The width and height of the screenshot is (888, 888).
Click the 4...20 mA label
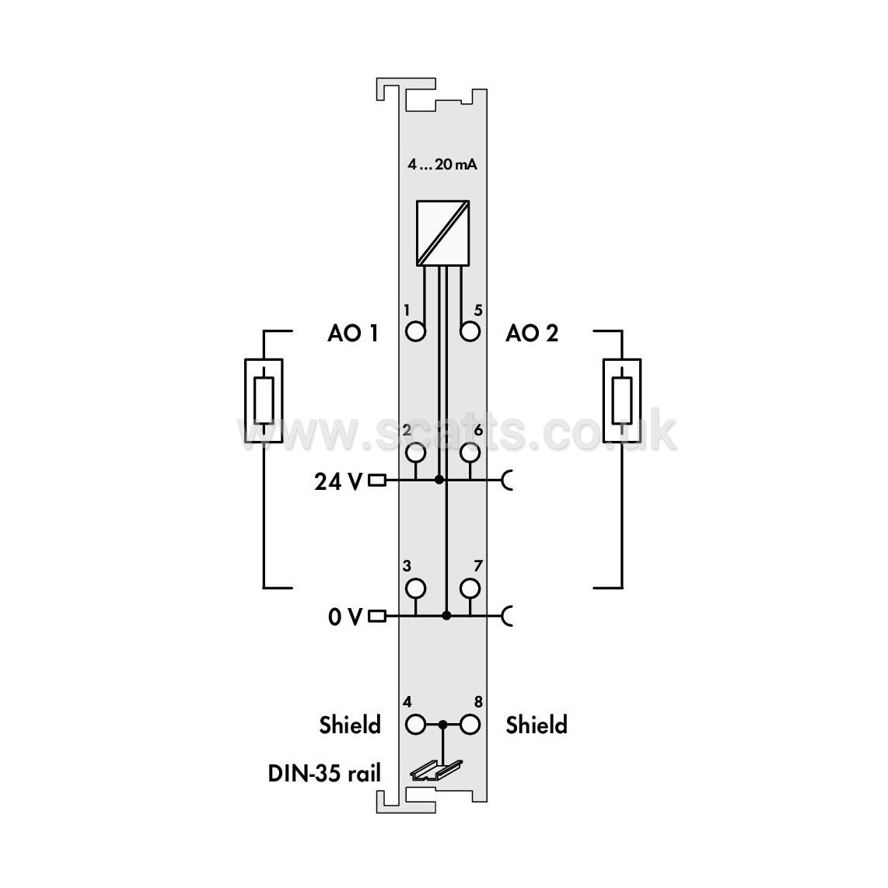pos(442,164)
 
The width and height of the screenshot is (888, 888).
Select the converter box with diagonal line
pos(443,232)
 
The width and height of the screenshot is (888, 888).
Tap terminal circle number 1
pos(416,331)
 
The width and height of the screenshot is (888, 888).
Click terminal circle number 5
pos(470,331)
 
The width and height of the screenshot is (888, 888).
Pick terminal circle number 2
pos(416,453)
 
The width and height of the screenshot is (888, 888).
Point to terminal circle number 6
pos(470,453)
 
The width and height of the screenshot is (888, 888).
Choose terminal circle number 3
pos(416,589)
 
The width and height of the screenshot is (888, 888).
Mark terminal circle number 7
pos(470,589)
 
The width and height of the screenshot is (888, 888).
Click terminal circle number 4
pos(416,725)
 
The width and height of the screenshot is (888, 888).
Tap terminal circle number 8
pos(470,725)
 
